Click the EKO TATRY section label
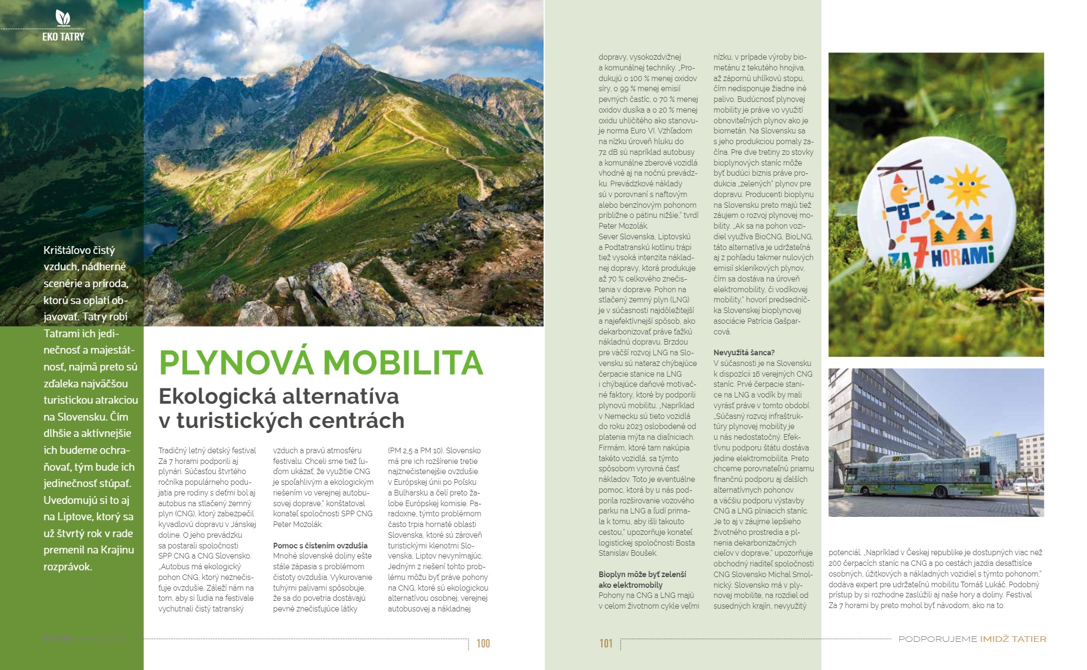[63, 37]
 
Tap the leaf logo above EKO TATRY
[63, 18]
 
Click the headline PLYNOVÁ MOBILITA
[321, 363]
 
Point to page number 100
[483, 644]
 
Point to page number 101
[605, 644]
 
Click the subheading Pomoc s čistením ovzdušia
[320, 546]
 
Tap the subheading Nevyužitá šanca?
[744, 352]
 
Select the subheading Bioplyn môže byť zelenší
[642, 574]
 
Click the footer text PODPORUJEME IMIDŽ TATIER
[972, 639]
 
